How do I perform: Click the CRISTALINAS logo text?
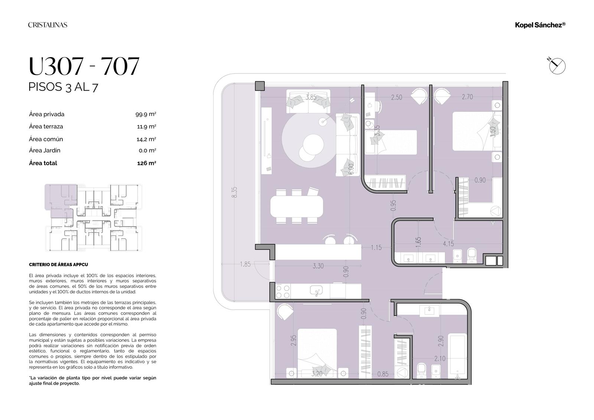48,25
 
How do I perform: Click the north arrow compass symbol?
557,66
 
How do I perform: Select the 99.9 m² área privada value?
146,114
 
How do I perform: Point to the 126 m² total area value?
146,163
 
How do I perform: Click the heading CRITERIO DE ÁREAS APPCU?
58,264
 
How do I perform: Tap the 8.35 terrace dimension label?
234,192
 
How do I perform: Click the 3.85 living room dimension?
311,97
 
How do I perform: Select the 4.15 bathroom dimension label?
448,244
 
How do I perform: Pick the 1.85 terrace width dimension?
245,264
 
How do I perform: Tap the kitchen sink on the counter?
316,290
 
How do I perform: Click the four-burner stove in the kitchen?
283,291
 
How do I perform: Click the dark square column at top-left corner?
260,86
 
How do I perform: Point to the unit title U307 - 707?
84,66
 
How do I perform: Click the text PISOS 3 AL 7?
63,87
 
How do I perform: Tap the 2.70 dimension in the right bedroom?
467,97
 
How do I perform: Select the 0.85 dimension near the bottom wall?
383,374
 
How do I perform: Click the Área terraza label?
46,127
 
